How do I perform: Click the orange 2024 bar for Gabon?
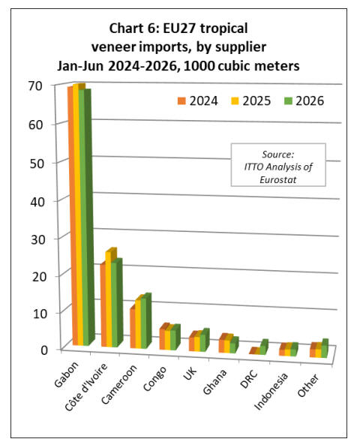click(x=73, y=215)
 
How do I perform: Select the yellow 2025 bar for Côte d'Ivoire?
click(x=109, y=299)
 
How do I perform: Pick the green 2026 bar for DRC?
click(x=264, y=347)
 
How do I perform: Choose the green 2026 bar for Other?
click(x=325, y=348)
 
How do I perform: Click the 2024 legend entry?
click(x=197, y=101)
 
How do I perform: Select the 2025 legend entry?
click(x=250, y=101)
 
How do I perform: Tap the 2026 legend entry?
click(x=304, y=101)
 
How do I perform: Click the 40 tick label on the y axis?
click(x=37, y=202)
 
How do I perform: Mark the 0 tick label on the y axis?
click(x=44, y=350)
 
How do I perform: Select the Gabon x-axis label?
click(x=67, y=374)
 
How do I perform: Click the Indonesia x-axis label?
click(x=271, y=392)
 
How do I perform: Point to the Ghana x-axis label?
click(x=215, y=382)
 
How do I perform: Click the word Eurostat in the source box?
click(x=277, y=179)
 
